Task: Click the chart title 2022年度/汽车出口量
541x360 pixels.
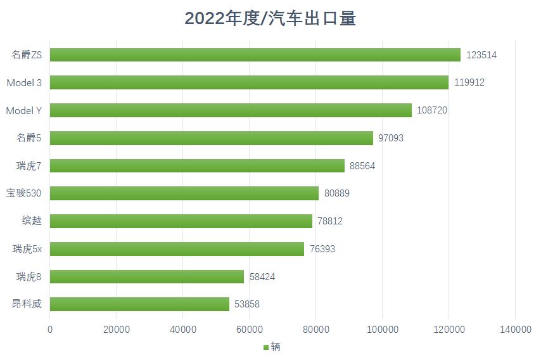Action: coord(270,18)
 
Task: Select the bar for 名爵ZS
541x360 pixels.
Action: coord(255,55)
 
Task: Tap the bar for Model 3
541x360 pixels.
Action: coord(249,82)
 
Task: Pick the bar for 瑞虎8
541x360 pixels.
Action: coord(146,276)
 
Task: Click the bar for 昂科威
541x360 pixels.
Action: coord(139,304)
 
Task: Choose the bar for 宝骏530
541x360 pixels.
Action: coord(184,193)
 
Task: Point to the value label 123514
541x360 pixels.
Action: coord(481,55)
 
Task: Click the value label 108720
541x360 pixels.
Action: coord(432,110)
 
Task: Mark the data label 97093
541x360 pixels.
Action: coord(391,138)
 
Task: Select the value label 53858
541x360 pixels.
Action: coord(247,304)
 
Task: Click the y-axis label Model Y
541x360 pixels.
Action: coord(24,110)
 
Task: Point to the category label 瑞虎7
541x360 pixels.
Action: coord(29,165)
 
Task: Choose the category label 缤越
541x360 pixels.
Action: coord(32,221)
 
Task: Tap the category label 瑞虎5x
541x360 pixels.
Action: coord(27,249)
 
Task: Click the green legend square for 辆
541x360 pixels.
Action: coord(265,347)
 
